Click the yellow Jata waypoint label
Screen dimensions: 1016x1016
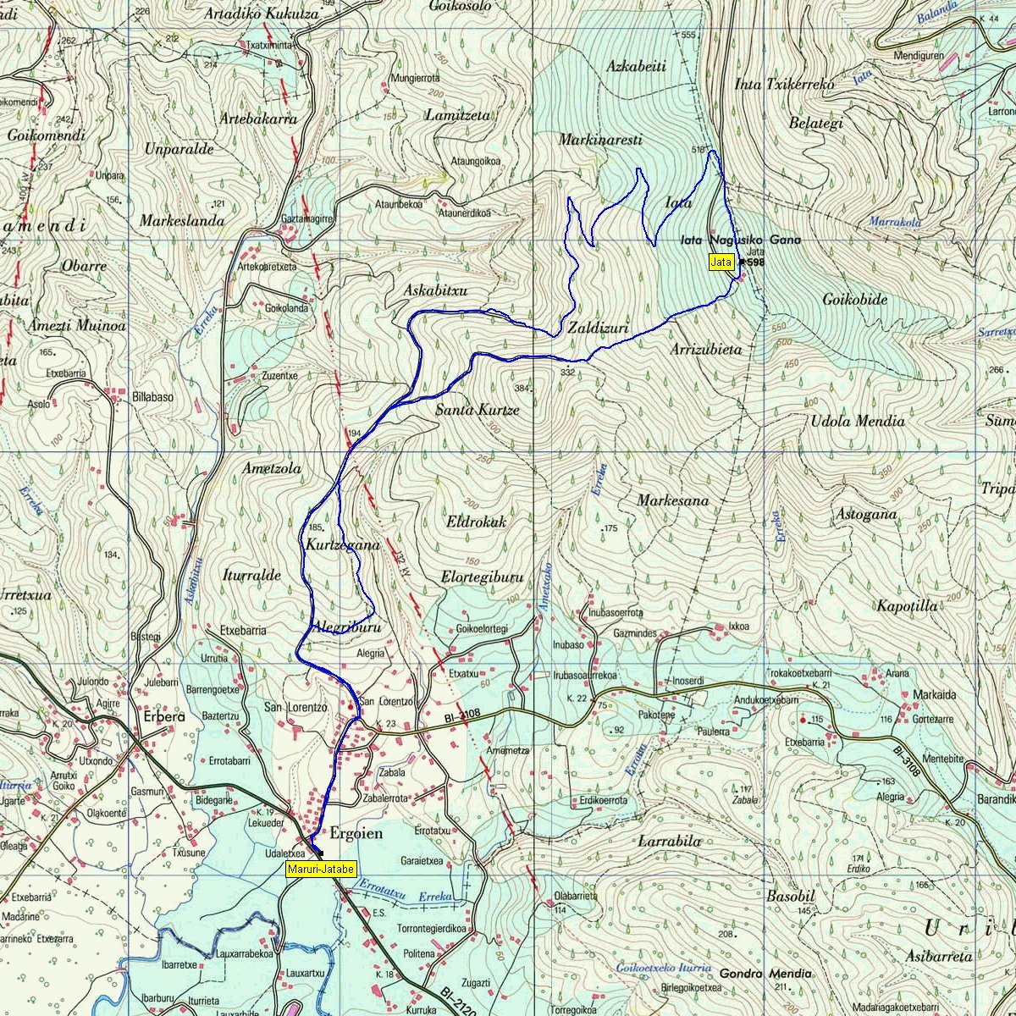click(721, 262)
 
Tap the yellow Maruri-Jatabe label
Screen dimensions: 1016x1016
click(322, 869)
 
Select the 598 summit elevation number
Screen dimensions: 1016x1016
click(755, 262)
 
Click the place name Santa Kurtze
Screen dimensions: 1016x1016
click(477, 410)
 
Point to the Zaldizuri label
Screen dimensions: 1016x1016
click(598, 327)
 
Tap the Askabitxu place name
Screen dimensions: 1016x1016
click(436, 290)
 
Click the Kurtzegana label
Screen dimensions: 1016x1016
click(343, 545)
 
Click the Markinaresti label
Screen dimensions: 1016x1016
click(600, 140)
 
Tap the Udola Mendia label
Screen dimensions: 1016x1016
click(858, 421)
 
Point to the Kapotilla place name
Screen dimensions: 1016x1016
click(907, 606)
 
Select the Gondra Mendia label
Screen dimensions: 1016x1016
click(765, 974)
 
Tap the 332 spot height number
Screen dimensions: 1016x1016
click(567, 372)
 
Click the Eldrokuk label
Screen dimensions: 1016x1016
click(476, 522)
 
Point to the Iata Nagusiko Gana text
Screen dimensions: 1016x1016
click(740, 240)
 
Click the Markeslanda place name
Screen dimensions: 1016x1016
click(182, 221)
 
